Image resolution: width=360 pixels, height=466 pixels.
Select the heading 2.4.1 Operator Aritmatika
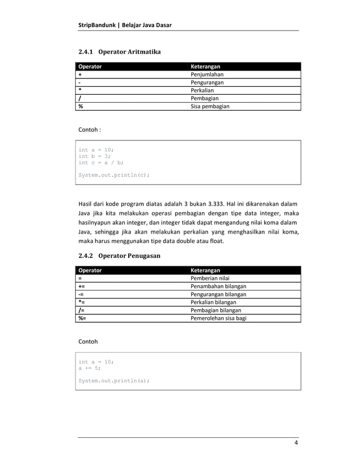[x=119, y=52]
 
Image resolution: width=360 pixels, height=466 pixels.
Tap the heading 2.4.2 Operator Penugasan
[x=119, y=256]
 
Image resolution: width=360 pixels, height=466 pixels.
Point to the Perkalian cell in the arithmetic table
[x=203, y=90]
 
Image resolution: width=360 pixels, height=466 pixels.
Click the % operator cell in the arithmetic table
[x=81, y=106]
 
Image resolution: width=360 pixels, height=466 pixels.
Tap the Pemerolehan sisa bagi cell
[x=219, y=318]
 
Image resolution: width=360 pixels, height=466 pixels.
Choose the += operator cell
[x=82, y=286]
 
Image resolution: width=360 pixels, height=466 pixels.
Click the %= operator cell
[x=82, y=318]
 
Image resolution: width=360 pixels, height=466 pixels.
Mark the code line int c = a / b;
[x=101, y=162]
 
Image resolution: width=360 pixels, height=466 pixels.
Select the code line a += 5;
[x=89, y=368]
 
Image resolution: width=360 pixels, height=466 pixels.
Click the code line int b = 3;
[x=94, y=156]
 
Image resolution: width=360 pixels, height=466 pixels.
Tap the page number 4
[x=296, y=443]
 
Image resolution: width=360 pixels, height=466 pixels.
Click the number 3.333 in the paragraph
[x=213, y=203]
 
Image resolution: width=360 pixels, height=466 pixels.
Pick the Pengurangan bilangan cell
[x=219, y=294]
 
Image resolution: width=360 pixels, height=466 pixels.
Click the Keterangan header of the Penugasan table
[x=206, y=270]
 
